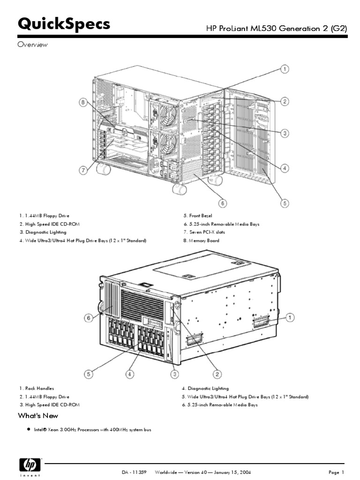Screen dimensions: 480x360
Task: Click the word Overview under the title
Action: pos(33,45)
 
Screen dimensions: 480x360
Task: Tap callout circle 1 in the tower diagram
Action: pos(284,70)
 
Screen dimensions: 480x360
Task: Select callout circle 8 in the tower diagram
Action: pos(83,103)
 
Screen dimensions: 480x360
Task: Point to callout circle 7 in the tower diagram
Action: pos(83,170)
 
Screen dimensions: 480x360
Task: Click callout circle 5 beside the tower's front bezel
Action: pos(284,203)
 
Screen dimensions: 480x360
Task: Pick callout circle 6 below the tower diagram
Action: pos(223,203)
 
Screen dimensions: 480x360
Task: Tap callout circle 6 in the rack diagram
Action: pos(89,318)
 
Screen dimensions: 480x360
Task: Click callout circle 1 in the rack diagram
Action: pos(290,318)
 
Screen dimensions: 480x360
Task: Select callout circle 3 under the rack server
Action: pos(174,374)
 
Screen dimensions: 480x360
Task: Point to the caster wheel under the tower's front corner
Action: pos(179,188)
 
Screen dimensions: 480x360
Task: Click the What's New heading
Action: pos(38,416)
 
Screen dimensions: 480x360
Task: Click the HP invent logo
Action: pos(30,466)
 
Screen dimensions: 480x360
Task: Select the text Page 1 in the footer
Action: pos(336,472)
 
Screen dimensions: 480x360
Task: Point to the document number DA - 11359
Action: pos(134,472)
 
